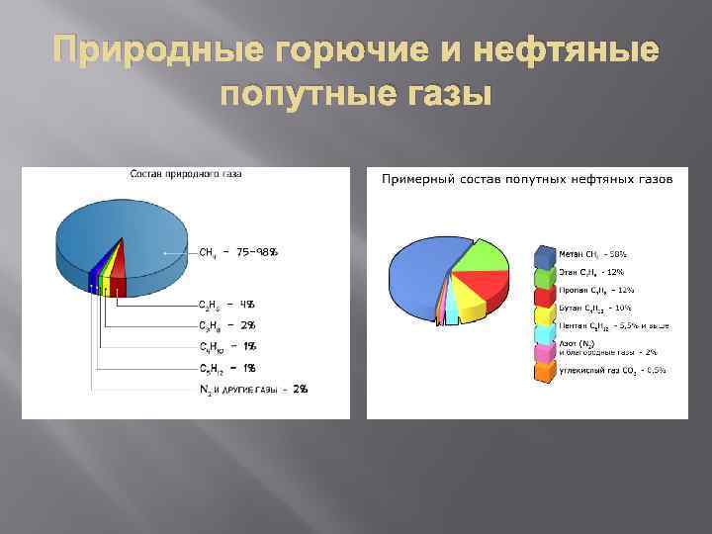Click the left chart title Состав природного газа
point(186,174)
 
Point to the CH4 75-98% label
point(238,252)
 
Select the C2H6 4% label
point(227,304)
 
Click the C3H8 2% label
point(227,325)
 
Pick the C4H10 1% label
point(227,346)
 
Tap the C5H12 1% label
point(227,368)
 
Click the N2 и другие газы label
point(253,390)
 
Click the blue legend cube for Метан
point(545,255)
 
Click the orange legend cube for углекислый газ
point(545,371)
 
